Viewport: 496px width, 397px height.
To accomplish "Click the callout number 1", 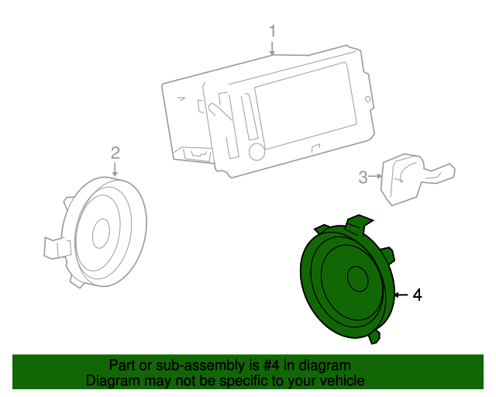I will [x=273, y=31].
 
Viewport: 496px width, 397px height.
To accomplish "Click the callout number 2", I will [x=115, y=152].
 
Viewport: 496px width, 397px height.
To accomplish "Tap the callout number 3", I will [x=363, y=178].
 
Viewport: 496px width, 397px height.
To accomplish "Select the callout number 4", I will [x=417, y=295].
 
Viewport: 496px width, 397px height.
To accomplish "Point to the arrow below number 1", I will [x=273, y=48].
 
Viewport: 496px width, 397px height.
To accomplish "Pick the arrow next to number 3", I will [x=377, y=178].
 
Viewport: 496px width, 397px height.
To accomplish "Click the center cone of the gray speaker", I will [x=102, y=232].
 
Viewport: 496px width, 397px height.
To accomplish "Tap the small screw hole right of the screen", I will [x=367, y=98].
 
